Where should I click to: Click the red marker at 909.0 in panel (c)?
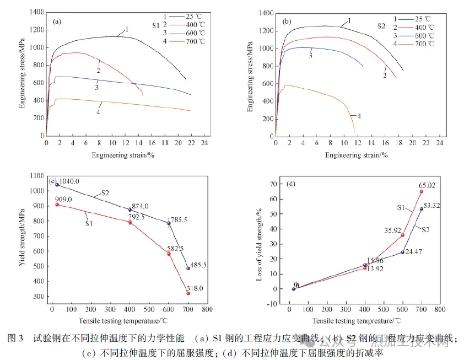pos(57,205)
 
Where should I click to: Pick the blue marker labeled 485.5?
pos(188,268)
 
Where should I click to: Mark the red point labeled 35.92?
pos(403,235)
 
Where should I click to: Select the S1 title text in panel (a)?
pos(156,25)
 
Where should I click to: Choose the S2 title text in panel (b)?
pos(381,25)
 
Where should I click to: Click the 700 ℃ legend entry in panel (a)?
pos(193,41)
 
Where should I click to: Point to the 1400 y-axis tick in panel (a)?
pos(36,12)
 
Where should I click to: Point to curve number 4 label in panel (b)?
pos(358,116)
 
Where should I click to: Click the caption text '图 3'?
pos(17,339)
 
